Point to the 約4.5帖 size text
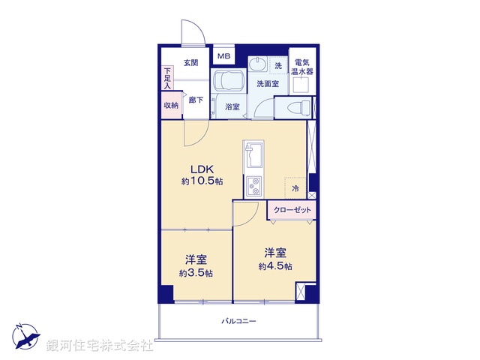(x=275, y=266)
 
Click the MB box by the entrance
(x=223, y=56)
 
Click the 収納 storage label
(x=171, y=106)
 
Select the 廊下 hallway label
(x=195, y=100)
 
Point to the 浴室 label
(x=232, y=107)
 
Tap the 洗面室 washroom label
(x=268, y=84)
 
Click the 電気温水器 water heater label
(x=303, y=67)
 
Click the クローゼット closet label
(x=292, y=210)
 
